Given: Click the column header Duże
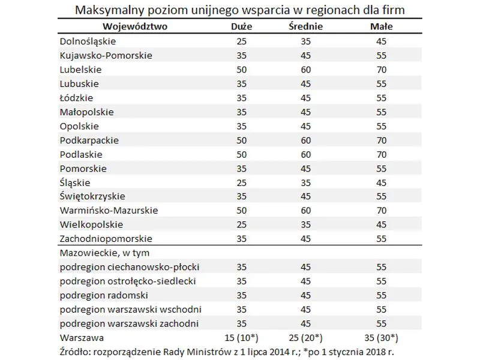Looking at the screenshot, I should tap(242, 26).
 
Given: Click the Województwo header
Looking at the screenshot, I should tap(135, 26).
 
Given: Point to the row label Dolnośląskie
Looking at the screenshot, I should tap(88, 41).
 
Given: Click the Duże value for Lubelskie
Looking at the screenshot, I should tap(242, 70).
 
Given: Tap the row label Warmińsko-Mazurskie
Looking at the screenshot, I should tap(109, 211).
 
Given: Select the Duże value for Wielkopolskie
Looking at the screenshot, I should tap(242, 224).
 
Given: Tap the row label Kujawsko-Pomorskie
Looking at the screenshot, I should tap(106, 55).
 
